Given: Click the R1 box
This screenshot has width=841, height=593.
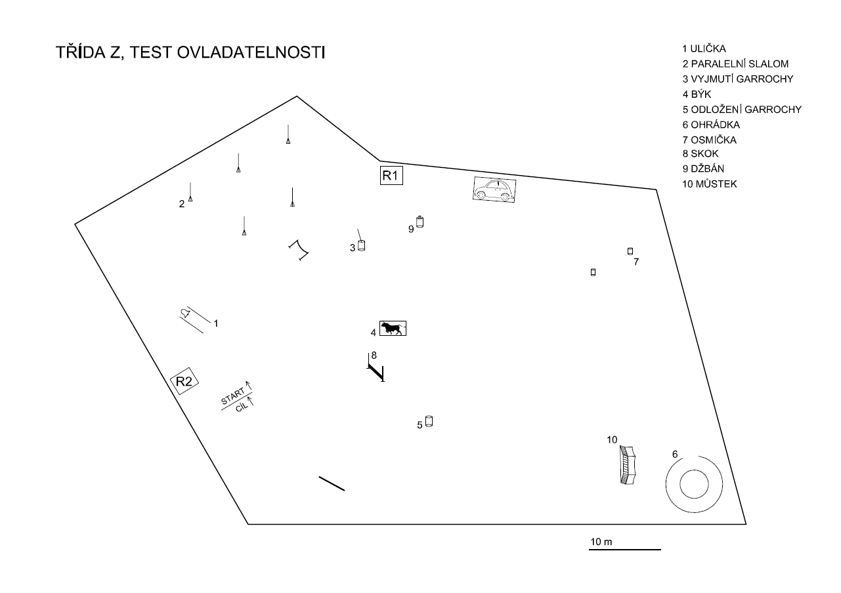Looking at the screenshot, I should (x=391, y=175).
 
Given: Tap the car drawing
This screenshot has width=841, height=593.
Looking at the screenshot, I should (x=494, y=190).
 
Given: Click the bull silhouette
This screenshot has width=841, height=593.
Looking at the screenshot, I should (x=393, y=328).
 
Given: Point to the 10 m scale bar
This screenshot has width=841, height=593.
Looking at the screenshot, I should (x=624, y=548).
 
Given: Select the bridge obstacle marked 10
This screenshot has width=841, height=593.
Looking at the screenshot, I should (x=628, y=465).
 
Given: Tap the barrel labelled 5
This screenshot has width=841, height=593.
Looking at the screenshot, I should (x=429, y=421).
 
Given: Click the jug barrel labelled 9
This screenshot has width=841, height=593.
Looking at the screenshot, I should (x=420, y=222).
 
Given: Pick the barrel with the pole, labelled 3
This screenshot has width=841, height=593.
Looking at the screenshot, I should (x=360, y=245).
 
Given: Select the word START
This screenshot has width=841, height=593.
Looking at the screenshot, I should (x=232, y=397).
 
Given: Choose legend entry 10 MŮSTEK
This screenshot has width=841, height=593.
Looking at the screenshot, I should (x=709, y=184).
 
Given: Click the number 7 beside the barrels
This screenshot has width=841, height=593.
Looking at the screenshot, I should (x=636, y=262).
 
